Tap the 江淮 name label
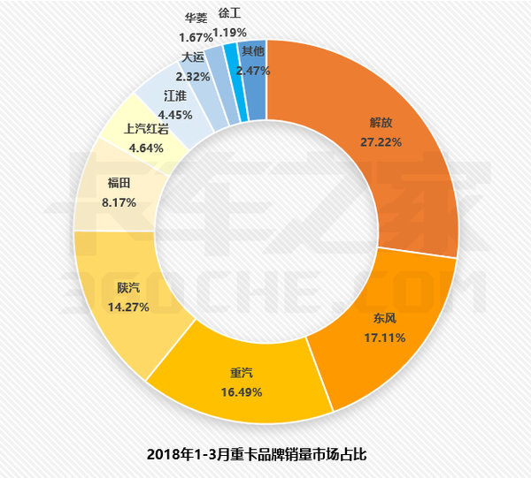click(x=175, y=96)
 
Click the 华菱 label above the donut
click(x=196, y=18)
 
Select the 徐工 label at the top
click(x=227, y=14)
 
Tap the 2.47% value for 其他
click(x=252, y=70)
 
